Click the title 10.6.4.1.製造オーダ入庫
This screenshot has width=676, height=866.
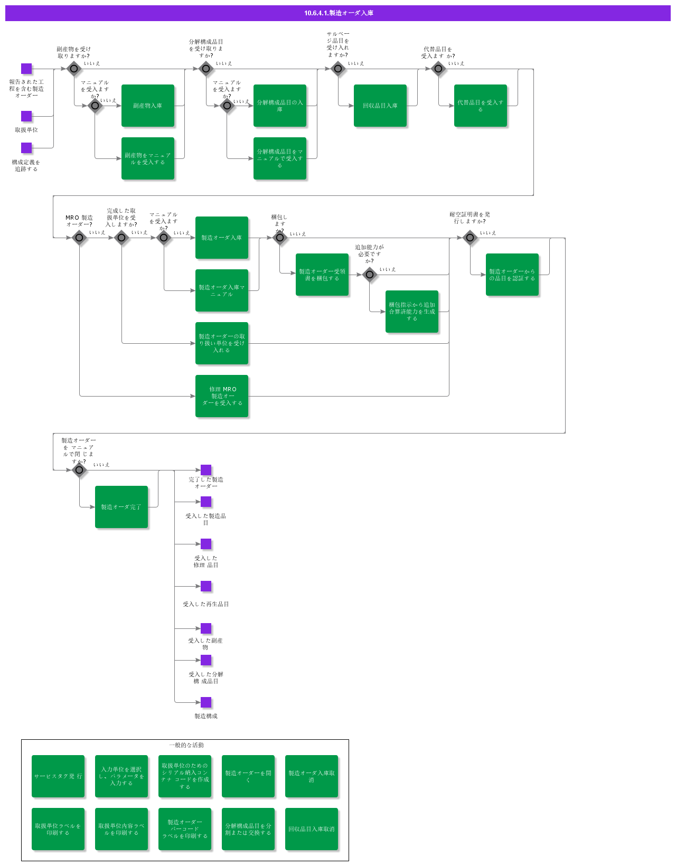pyautogui.click(x=338, y=13)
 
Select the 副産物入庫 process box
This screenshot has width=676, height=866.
pyautogui.click(x=148, y=106)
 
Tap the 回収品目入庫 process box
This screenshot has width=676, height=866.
pyautogui.click(x=380, y=106)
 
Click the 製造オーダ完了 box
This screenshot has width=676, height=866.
pyautogui.click(x=121, y=507)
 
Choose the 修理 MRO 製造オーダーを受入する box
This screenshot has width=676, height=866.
pyautogui.click(x=222, y=396)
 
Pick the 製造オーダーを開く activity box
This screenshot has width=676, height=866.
pyautogui.click(x=248, y=776)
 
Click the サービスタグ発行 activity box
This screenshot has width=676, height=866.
pyautogui.click(x=58, y=776)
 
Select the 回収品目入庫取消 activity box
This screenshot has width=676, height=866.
pyautogui.click(x=312, y=829)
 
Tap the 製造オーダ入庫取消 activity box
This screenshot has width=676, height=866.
pyautogui.click(x=312, y=776)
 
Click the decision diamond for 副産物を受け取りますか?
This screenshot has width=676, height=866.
pyautogui.click(x=74, y=69)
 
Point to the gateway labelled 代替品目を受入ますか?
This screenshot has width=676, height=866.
pyautogui.click(x=438, y=69)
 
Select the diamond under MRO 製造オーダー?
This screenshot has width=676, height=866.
pyautogui.click(x=79, y=238)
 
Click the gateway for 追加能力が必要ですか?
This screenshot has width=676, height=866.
pyautogui.click(x=370, y=275)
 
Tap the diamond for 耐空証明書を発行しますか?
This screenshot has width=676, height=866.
pyautogui.click(x=470, y=238)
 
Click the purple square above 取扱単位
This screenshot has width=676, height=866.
pyautogui.click(x=26, y=116)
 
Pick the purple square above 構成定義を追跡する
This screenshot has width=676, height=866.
pyautogui.click(x=26, y=148)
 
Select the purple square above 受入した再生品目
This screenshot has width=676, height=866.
pyautogui.click(x=206, y=586)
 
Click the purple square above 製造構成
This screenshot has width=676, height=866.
pyautogui.click(x=206, y=702)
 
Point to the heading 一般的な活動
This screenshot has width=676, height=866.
pyautogui.click(x=186, y=745)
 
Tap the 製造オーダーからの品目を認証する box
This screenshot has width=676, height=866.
pyautogui.click(x=512, y=275)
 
